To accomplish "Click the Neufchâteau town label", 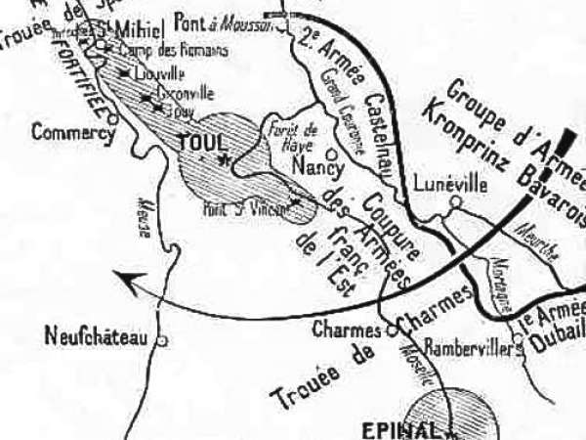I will (x=96, y=338).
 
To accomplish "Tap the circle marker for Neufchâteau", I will (x=162, y=341).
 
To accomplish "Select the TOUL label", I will (x=202, y=142).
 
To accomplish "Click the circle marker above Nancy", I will (x=331, y=154).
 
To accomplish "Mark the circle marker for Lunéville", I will (x=454, y=202).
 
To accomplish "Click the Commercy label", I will (x=72, y=131).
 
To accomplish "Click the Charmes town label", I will (x=346, y=330).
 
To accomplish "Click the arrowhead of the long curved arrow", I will (x=121, y=280).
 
